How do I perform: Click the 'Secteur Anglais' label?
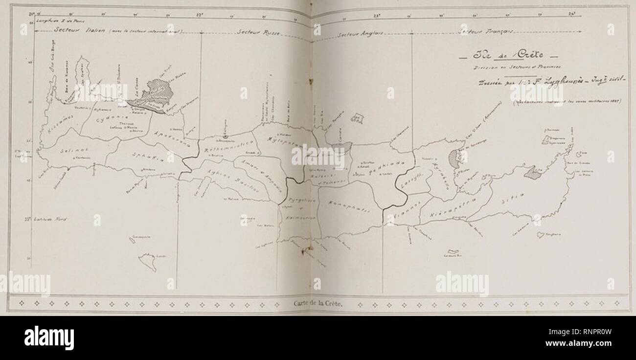click(360, 34)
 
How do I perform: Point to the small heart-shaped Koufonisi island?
click(540, 235)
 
